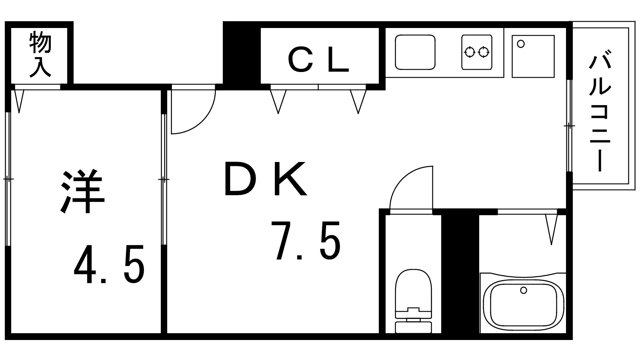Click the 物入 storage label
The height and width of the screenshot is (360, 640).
pos(40,54)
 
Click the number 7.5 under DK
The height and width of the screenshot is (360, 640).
pos(306,240)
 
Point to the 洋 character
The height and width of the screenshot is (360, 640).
pos(82,192)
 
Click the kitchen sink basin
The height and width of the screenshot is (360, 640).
pos(415,52)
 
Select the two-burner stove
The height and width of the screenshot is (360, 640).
pos(477,52)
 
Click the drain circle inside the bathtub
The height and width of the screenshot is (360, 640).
pos(524,290)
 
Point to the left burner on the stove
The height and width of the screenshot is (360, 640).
pos(470,52)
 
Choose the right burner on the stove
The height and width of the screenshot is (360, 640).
pos(484,52)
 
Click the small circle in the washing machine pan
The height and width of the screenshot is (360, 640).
pos(521,44)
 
